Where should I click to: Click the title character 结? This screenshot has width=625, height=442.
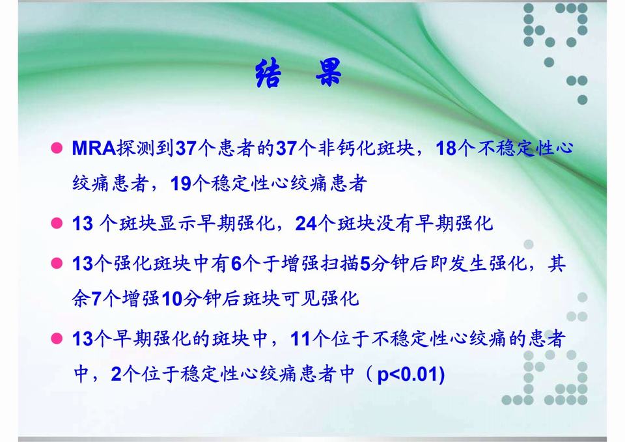click(268, 74)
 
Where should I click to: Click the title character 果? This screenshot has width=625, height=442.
click(329, 74)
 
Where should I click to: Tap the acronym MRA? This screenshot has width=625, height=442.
click(93, 149)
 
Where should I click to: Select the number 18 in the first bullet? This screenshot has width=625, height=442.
click(446, 149)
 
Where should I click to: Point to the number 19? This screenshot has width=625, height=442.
click(180, 184)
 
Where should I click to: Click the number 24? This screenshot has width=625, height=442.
click(306, 225)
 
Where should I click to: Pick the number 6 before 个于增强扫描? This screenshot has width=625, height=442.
click(236, 264)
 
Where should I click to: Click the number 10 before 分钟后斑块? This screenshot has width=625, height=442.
click(173, 299)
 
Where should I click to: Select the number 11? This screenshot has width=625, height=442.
click(301, 340)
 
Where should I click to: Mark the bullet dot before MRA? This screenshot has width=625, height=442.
click(57, 149)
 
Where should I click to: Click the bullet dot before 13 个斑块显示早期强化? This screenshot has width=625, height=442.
click(57, 225)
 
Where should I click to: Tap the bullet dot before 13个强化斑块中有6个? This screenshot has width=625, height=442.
click(57, 264)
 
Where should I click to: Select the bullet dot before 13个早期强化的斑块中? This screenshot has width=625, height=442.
click(57, 340)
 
